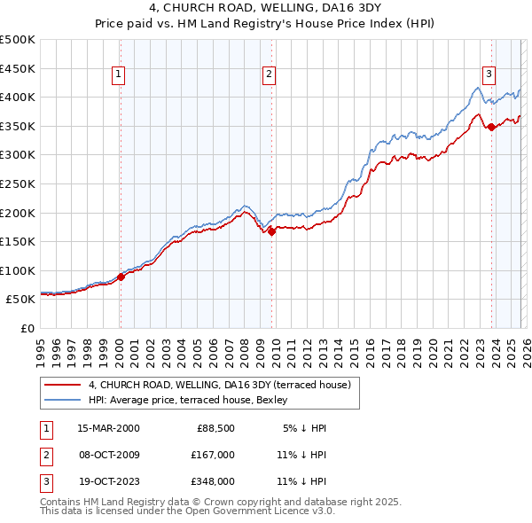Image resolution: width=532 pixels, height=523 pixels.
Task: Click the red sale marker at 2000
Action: (x=121, y=277)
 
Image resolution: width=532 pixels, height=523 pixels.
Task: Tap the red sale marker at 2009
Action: (x=271, y=231)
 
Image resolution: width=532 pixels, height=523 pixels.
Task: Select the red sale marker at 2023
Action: (x=491, y=127)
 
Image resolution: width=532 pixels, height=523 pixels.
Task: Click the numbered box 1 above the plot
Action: (x=118, y=75)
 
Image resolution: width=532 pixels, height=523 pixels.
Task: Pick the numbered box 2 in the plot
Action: (x=268, y=75)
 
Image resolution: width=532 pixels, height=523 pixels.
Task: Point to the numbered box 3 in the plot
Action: (x=489, y=75)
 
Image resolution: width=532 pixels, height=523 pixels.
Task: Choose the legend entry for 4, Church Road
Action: (x=220, y=385)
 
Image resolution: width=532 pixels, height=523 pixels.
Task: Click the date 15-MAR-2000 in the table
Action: (x=108, y=428)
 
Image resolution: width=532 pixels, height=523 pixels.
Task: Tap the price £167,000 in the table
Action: (x=213, y=455)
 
